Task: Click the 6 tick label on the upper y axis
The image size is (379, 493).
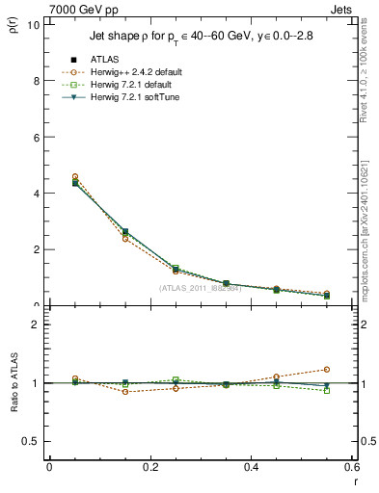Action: click(x=36, y=137)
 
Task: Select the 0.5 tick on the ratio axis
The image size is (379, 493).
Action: click(x=32, y=441)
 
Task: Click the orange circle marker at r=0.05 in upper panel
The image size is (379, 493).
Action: click(x=75, y=177)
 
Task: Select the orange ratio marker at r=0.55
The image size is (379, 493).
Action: click(x=327, y=369)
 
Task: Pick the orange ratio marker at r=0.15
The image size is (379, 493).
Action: click(x=125, y=392)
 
